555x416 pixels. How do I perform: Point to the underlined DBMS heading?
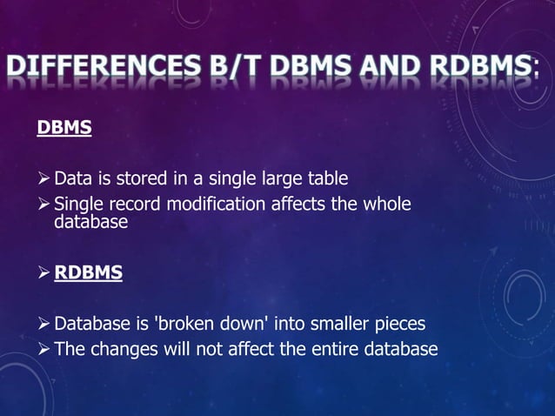[64, 129]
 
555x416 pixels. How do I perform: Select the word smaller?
[333, 325]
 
